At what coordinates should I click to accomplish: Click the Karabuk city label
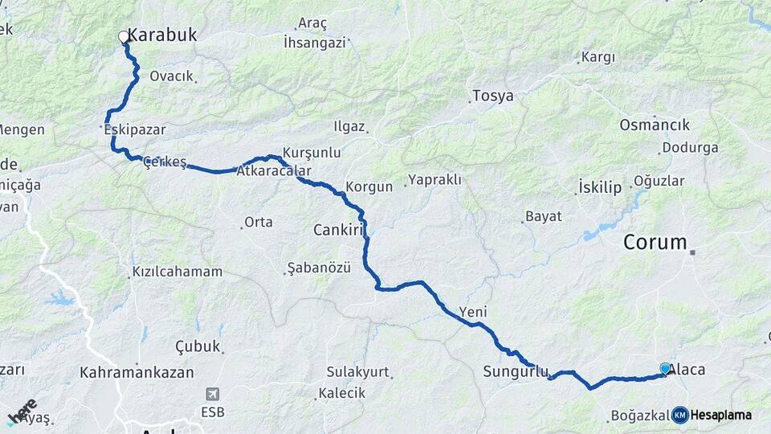tap(163, 35)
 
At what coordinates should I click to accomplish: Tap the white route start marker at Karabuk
tap(124, 36)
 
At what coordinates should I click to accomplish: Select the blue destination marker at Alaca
tap(665, 368)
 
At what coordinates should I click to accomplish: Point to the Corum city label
tap(656, 242)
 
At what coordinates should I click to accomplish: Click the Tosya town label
tap(492, 96)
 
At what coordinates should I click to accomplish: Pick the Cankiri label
tap(339, 231)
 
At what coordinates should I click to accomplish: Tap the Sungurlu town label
tap(516, 371)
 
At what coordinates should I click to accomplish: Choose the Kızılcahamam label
tap(177, 272)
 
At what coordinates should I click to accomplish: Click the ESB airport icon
tap(213, 394)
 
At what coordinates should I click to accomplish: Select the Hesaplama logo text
tap(720, 415)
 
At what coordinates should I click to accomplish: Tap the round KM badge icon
tap(680, 415)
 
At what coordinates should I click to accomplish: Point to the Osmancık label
tap(655, 125)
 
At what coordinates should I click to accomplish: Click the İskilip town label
tap(600, 188)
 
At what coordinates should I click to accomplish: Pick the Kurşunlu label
tap(312, 152)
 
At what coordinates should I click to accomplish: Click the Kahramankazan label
tap(137, 372)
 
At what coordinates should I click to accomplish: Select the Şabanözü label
tap(319, 268)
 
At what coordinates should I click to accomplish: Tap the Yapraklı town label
tap(434, 180)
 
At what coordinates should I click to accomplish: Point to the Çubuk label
tap(198, 346)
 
